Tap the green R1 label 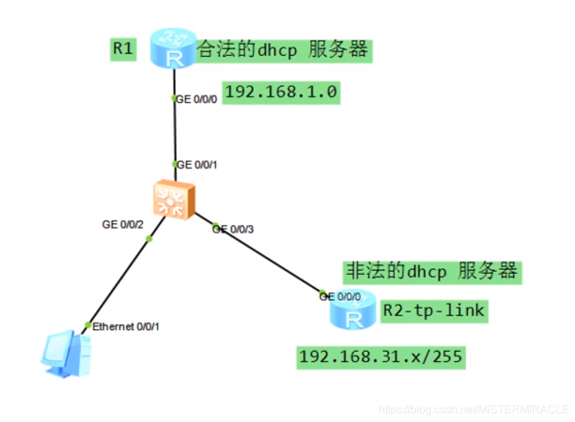pos(124,50)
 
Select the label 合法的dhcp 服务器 pos(283,50)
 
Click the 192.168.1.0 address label pos(281,92)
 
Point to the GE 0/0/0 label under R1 pos(197,99)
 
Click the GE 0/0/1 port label pos(197,164)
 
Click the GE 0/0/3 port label pos(234,229)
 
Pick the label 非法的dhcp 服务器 pos(430,271)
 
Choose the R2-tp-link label pos(433,310)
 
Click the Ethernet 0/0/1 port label pos(126,326)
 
